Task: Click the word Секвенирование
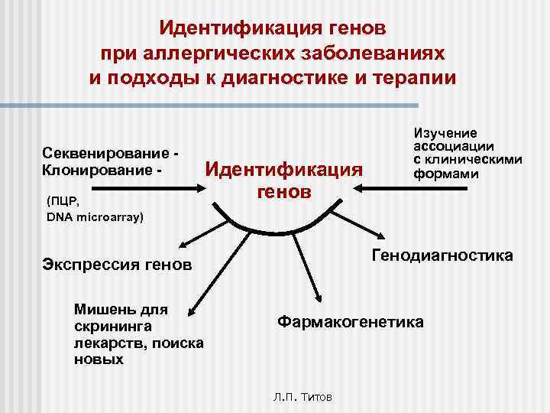(92, 152)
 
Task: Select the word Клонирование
(85, 167)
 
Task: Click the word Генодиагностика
(442, 255)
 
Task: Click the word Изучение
(445, 133)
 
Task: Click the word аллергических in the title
(233, 54)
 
